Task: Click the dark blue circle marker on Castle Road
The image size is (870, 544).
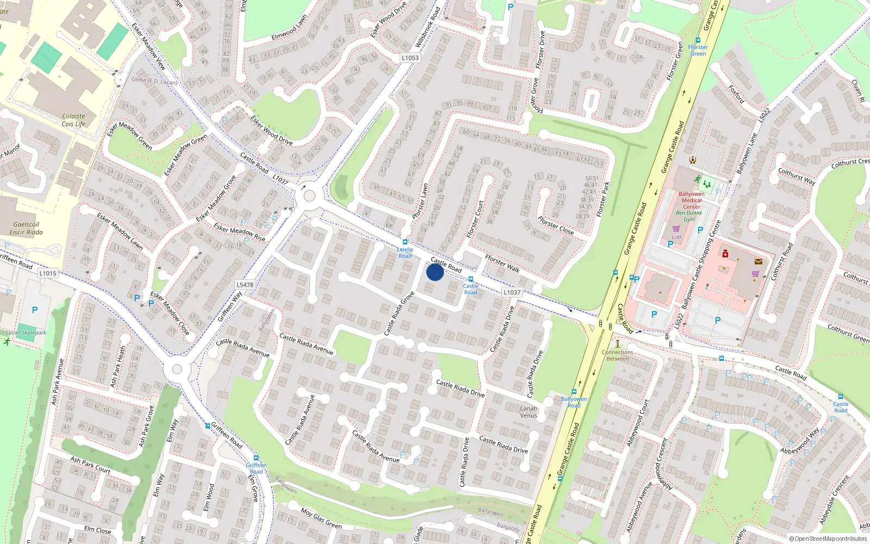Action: pos(434,272)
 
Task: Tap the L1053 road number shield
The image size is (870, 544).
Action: pos(410,58)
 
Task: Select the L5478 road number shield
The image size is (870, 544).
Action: pos(245,285)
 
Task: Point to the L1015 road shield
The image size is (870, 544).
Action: pos(48,273)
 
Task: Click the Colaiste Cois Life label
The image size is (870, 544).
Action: pos(73,120)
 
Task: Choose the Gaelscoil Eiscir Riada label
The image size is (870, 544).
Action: pos(26,228)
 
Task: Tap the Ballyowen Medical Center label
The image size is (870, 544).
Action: pos(692,200)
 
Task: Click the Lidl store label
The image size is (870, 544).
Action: pos(676,237)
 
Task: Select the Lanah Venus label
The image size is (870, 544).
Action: pos(529,412)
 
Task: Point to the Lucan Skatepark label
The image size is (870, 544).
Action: pos(26,332)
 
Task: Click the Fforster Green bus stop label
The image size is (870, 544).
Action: pos(698,50)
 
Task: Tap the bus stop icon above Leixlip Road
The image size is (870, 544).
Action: pos(405,242)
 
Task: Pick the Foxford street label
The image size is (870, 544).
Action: pos(736,94)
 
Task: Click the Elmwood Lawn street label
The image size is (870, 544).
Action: pos(289,27)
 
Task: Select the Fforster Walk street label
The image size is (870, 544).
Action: pos(502,264)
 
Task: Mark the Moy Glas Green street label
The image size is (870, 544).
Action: pos(321,519)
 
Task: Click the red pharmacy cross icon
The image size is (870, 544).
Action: pos(725,254)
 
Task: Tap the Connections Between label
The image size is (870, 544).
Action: pos(617,355)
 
